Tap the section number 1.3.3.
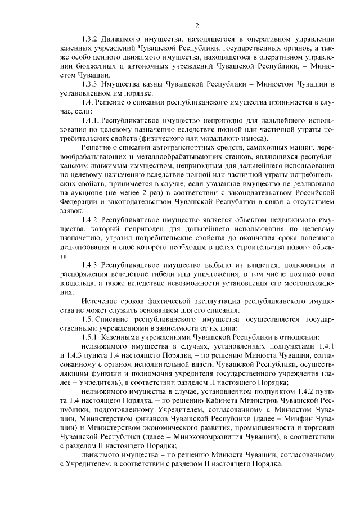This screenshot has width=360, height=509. coord(91,84)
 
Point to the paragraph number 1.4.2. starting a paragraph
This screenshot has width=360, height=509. coord(91,219)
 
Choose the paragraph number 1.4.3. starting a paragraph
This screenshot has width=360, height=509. coord(91,264)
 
